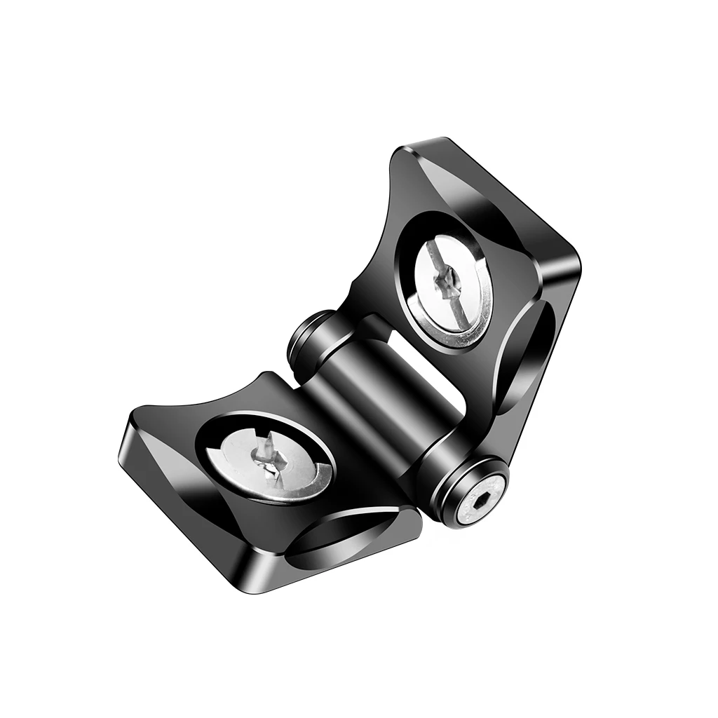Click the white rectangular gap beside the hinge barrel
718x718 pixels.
point(421,365)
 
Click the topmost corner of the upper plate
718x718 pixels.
point(421,144)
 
